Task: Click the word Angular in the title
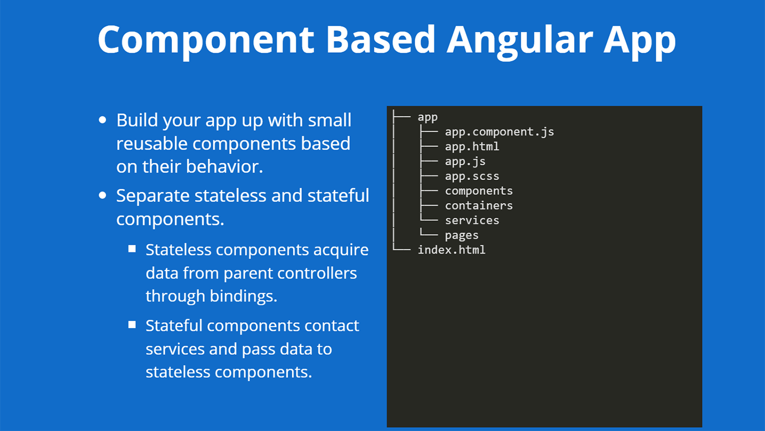520,39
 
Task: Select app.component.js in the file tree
499,132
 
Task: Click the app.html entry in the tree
472,146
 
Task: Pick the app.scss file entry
472,176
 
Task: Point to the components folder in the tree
479,191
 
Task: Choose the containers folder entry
479,206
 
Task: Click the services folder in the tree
472,220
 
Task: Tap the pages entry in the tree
461,235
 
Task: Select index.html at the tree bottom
451,250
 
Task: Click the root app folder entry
427,117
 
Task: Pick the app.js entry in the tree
465,162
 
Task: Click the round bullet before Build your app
103,120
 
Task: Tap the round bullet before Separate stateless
103,195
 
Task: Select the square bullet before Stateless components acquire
132,249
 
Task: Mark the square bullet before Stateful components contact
132,325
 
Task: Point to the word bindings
243,295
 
